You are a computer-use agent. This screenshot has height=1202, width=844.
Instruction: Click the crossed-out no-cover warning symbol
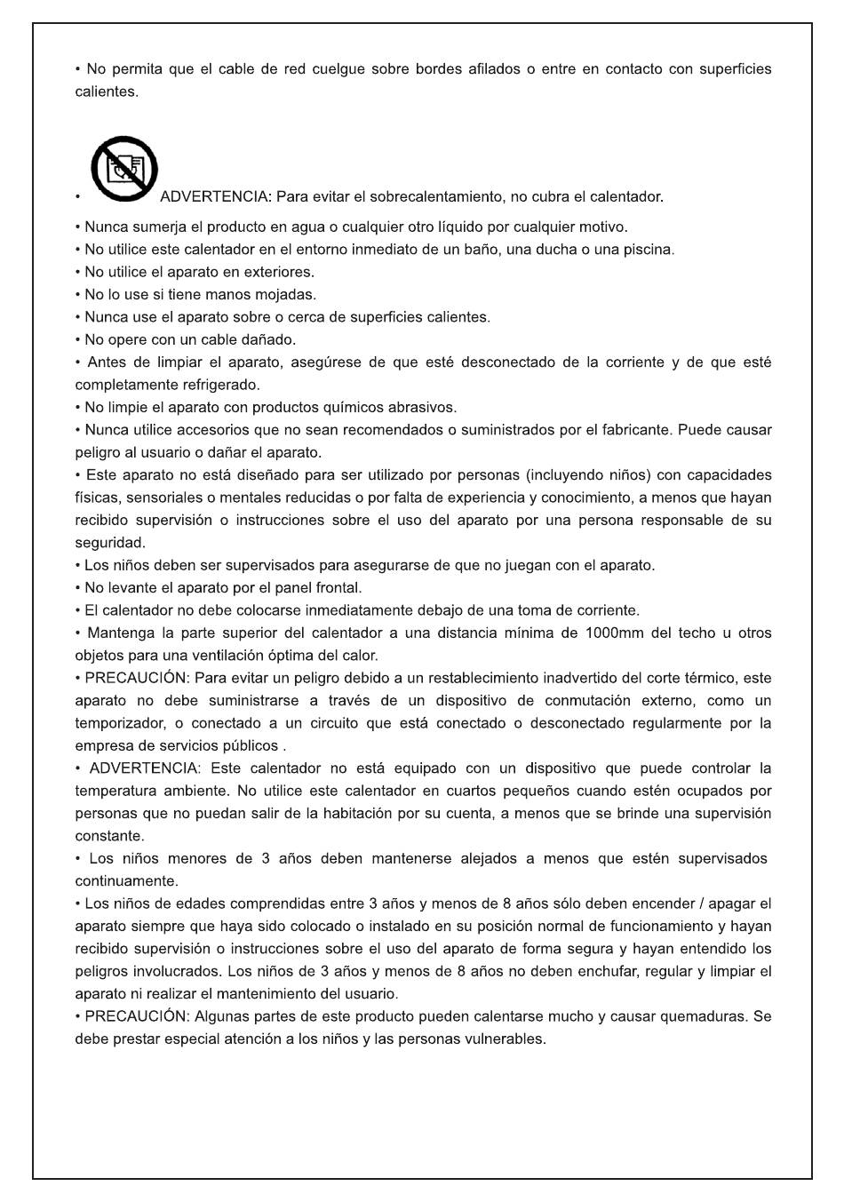[124, 169]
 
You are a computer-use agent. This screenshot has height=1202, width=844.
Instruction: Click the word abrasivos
[422, 408]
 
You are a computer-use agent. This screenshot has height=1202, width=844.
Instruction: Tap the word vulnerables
[505, 1039]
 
